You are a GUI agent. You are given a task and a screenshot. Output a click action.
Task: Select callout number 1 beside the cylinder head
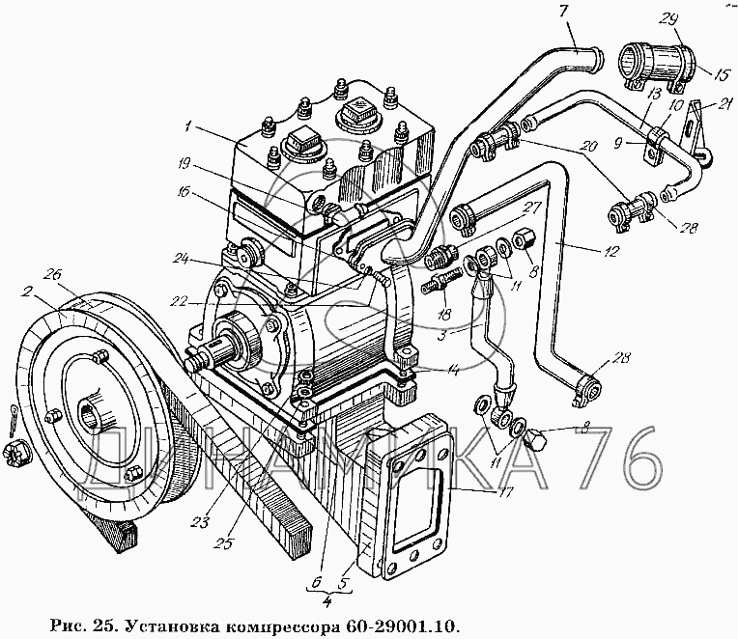188,127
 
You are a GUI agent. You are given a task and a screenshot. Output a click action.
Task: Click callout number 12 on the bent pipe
610,252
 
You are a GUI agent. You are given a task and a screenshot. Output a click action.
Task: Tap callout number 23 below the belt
201,521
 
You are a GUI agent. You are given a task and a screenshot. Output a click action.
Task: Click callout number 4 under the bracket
327,603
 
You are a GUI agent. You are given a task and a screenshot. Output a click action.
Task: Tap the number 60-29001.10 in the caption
402,626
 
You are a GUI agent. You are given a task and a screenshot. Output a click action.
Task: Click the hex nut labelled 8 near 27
522,241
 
